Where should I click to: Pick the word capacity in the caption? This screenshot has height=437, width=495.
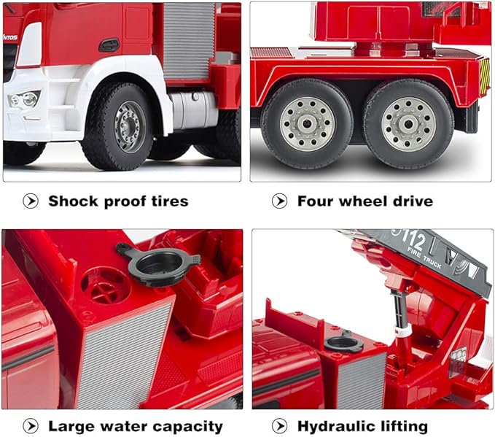click(187, 427)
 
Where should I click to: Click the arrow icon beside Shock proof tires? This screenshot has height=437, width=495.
click(31, 201)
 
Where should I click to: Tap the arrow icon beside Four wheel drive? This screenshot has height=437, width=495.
click(279, 201)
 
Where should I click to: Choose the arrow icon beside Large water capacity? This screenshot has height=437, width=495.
click(31, 426)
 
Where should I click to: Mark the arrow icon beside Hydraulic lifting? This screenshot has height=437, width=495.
click(279, 426)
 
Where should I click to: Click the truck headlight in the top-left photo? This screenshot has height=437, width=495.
click(24, 99)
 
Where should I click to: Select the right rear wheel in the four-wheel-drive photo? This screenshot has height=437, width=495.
click(408, 123)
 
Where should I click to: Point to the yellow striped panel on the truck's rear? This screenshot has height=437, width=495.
click(484, 76)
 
